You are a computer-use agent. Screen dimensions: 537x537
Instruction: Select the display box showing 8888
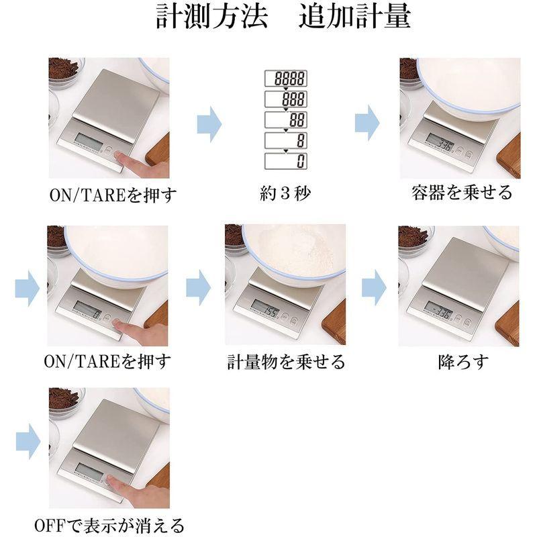point(286,79)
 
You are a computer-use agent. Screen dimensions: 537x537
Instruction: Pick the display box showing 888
point(286,99)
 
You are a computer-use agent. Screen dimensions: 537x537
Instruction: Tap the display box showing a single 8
point(286,141)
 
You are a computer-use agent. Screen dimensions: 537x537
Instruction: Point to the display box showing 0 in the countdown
point(286,161)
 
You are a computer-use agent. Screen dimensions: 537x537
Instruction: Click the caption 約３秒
point(286,194)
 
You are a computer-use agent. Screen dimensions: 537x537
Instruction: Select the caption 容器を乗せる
point(461,193)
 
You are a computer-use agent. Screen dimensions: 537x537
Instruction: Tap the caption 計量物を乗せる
point(286,363)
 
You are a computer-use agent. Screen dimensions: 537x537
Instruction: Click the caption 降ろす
point(461,363)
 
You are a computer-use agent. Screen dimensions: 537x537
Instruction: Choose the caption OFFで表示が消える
point(109,525)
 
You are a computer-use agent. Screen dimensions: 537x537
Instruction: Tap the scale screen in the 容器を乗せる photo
point(440,144)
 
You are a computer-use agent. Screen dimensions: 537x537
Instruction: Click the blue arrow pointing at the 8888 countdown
point(209,124)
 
